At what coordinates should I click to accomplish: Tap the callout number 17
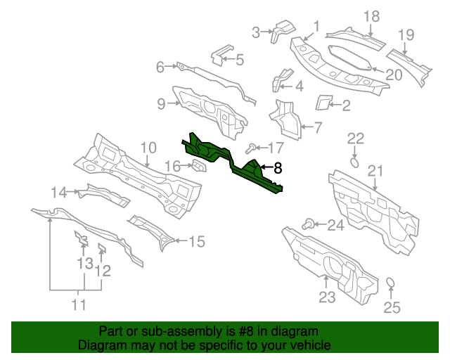tap(276, 148)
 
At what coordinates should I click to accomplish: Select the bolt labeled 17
tap(250, 148)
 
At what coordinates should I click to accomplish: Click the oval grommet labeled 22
tap(355, 162)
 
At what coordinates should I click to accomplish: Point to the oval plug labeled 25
tap(392, 285)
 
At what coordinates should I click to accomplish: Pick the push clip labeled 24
tap(307, 224)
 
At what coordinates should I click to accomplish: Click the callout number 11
tap(78, 305)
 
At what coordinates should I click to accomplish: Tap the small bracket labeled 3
tap(284, 30)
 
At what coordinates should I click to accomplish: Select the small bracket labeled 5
tap(221, 53)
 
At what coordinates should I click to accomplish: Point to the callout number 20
tap(393, 74)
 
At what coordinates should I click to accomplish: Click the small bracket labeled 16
tap(198, 167)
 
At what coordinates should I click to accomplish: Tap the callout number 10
tap(148, 148)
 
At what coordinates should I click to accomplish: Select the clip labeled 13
tap(82, 243)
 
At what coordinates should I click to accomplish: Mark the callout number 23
tap(327, 297)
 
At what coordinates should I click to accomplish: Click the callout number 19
tap(406, 35)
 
